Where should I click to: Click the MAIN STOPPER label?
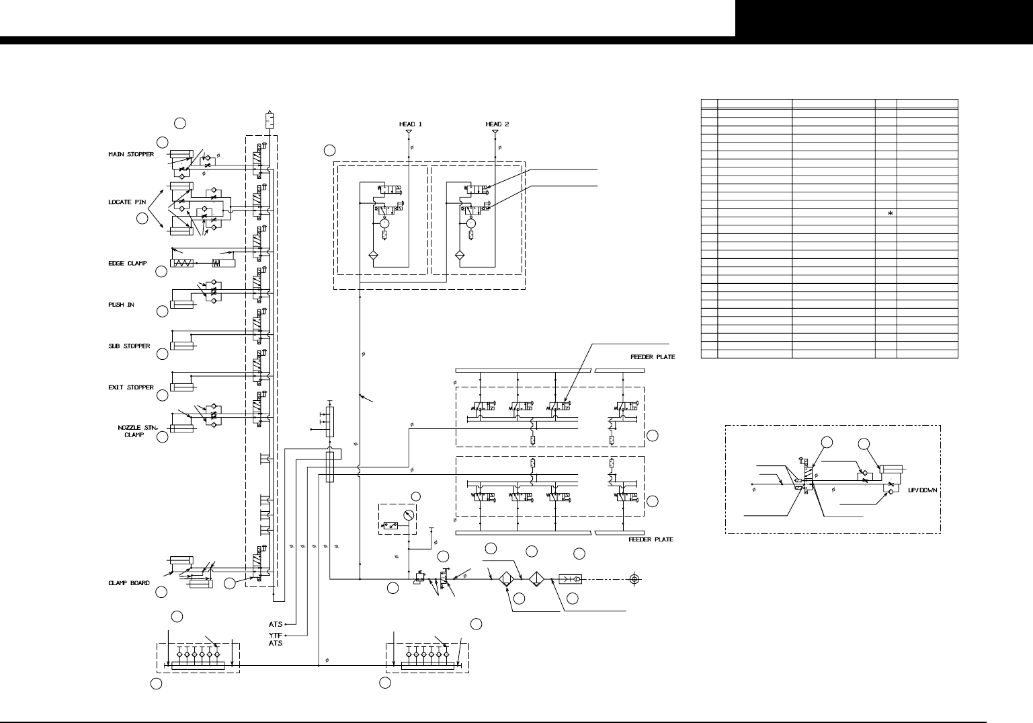pyautogui.click(x=131, y=155)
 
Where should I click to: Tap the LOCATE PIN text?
pyautogui.click(x=128, y=202)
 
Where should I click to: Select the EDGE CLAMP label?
pyautogui.click(x=128, y=264)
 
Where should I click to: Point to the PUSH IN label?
pyautogui.click(x=122, y=305)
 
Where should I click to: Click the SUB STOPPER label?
pyautogui.click(x=130, y=346)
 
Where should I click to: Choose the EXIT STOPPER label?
pyautogui.click(x=131, y=388)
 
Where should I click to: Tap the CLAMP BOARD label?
pyautogui.click(x=129, y=583)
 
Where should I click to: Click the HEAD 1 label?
pyautogui.click(x=408, y=124)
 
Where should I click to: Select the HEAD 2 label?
pyautogui.click(x=497, y=124)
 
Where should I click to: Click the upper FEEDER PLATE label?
pyautogui.click(x=652, y=357)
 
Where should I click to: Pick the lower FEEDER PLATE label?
pyautogui.click(x=651, y=539)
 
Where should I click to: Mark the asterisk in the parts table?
pyautogui.click(x=891, y=213)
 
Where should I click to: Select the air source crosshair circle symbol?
pyautogui.click(x=634, y=578)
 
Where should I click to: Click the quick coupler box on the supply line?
pyautogui.click(x=571, y=578)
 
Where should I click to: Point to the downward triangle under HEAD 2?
pyautogui.click(x=495, y=132)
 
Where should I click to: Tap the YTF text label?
pyautogui.click(x=275, y=634)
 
